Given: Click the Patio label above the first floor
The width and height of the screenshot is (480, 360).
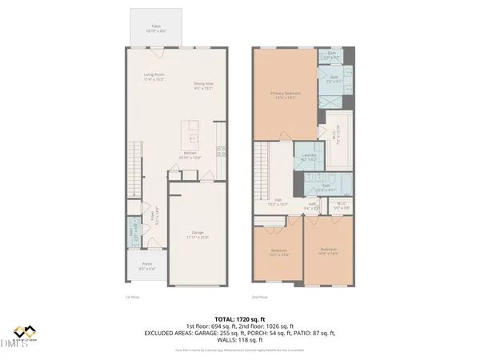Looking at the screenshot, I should pos(156,28).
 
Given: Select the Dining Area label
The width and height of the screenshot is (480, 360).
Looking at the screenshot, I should pos(203,86).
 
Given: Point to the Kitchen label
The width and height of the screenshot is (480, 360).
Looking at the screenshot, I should pos(190,155).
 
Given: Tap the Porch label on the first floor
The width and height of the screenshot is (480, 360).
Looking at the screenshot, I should pos(147,266).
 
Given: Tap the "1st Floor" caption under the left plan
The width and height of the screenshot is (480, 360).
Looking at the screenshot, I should pos(133,296).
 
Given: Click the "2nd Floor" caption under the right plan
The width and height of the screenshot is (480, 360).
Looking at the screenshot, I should pos(259,296).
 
